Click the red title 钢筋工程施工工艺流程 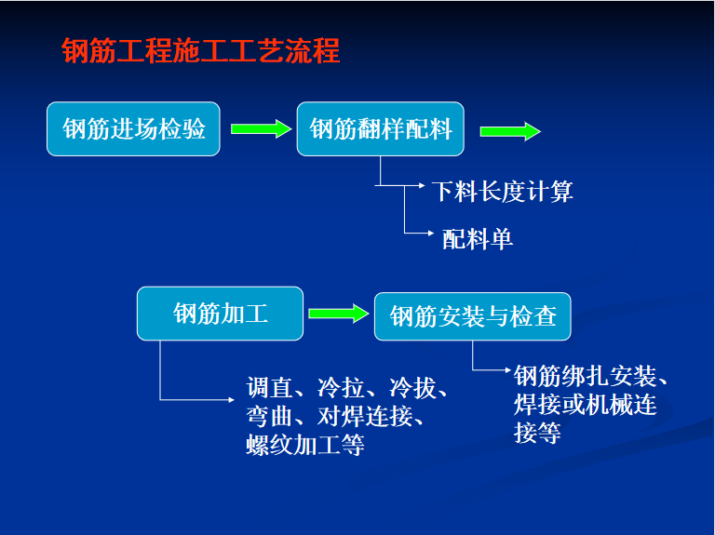201,50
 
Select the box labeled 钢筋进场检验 133,129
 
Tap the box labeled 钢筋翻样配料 380,129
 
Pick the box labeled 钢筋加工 220,314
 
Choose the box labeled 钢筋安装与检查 472,316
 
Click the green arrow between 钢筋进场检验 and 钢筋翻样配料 261,129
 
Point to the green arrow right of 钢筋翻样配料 510,132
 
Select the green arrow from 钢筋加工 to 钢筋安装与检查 338,314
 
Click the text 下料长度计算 503,192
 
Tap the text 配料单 478,239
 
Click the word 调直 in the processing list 269,388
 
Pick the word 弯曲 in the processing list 269,416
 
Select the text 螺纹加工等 305,445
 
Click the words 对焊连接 365,416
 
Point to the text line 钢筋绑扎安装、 590,377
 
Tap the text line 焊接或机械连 585,405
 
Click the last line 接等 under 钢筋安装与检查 537,433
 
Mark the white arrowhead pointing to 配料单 431,234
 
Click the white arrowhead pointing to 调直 231,400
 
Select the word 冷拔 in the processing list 412,388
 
